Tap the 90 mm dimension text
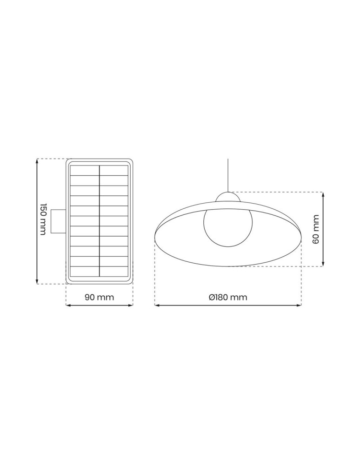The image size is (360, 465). [x=99, y=297]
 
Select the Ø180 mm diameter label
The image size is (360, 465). [x=228, y=297]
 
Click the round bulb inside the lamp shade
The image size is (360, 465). [x=228, y=228]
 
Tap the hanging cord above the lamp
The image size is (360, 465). [x=228, y=174]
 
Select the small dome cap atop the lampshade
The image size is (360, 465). [x=228, y=197]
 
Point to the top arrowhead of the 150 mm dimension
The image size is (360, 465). [x=37, y=161]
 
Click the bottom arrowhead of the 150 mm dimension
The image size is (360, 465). [x=37, y=281]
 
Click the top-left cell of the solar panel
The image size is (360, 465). [x=85, y=170]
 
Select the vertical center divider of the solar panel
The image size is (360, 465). [x=100, y=221]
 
